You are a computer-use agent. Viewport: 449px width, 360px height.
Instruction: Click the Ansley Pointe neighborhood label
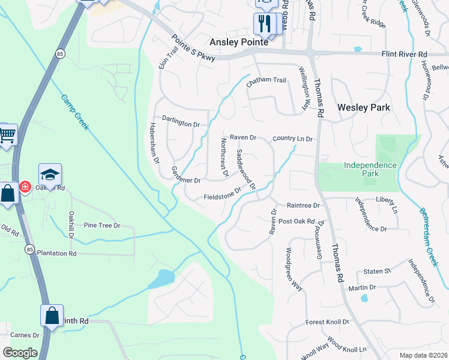pyautogui.click(x=240, y=42)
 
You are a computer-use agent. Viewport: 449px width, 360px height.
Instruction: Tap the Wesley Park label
pyautogui.click(x=364, y=107)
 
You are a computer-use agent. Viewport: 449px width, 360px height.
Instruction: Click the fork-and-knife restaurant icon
pyautogui.click(x=264, y=23)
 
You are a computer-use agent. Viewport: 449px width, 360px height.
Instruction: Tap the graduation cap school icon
pyautogui.click(x=50, y=175)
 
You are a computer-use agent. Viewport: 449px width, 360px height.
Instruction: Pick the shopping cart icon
pyautogui.click(x=7, y=135)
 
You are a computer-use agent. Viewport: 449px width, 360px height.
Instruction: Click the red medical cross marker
pyautogui.click(x=25, y=187)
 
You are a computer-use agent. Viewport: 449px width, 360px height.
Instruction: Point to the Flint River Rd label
pyautogui.click(x=404, y=54)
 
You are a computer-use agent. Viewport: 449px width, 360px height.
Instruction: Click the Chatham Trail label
pyautogui.click(x=266, y=80)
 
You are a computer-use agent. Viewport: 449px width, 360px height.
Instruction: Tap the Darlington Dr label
pyautogui.click(x=180, y=124)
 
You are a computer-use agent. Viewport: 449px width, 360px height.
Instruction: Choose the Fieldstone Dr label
pyautogui.click(x=222, y=194)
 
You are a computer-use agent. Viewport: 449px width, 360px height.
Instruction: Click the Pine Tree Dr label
pyautogui.click(x=102, y=226)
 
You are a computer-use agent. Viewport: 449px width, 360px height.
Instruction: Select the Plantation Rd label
pyautogui.click(x=56, y=253)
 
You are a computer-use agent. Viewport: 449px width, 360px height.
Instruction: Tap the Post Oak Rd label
pyautogui.click(x=297, y=221)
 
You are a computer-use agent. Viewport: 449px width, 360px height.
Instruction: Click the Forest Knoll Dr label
pyautogui.click(x=327, y=322)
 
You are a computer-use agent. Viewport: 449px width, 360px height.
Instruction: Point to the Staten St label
pyautogui.click(x=377, y=271)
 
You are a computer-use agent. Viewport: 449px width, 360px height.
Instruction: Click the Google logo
pyautogui.click(x=20, y=352)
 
